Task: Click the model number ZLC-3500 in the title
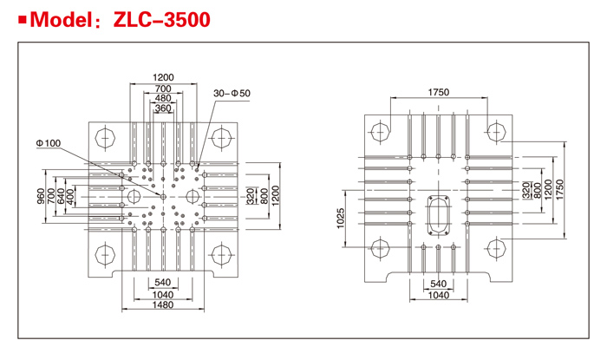(x=162, y=19)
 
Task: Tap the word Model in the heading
(x=62, y=19)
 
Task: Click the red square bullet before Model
(x=23, y=19)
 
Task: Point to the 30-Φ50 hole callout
(x=232, y=94)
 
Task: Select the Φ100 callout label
(x=49, y=143)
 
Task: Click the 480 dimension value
(x=163, y=98)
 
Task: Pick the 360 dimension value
(x=163, y=108)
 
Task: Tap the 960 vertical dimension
(x=41, y=196)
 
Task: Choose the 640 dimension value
(x=61, y=196)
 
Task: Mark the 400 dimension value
(x=70, y=196)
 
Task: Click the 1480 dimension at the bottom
(x=163, y=304)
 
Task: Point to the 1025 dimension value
(x=340, y=219)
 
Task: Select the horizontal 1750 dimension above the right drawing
(x=439, y=92)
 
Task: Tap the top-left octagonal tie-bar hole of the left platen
(x=105, y=138)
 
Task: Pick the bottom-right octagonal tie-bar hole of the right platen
(x=496, y=248)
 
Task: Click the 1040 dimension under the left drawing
(x=163, y=295)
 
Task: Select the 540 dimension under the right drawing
(x=438, y=284)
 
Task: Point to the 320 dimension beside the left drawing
(x=251, y=196)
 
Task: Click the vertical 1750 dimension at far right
(x=560, y=190)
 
